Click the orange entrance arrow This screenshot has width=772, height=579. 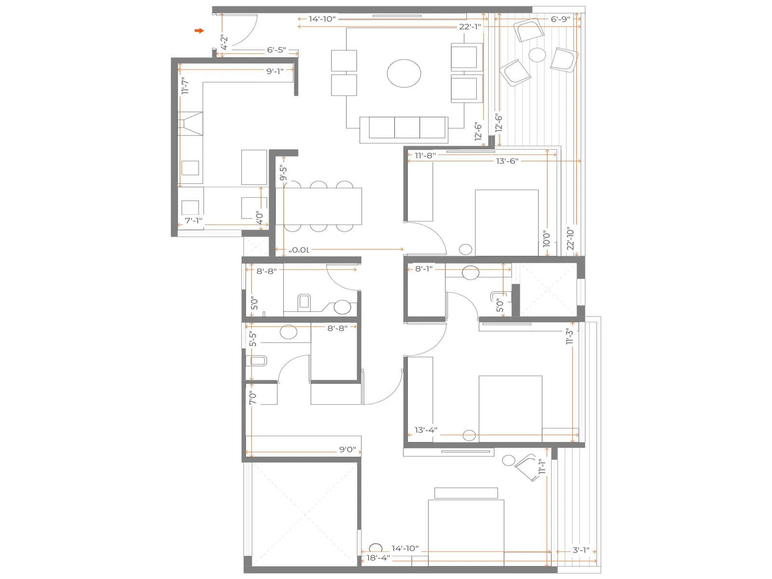[x=199, y=31]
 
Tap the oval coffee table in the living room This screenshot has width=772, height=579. [x=404, y=73]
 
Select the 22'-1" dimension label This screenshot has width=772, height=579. [x=469, y=27]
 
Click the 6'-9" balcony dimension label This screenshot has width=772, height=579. [x=560, y=19]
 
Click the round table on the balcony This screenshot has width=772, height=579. [x=537, y=55]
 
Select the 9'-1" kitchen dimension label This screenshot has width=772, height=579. [x=275, y=71]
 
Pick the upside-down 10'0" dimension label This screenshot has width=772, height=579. [x=299, y=250]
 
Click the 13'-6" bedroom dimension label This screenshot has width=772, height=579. [x=507, y=161]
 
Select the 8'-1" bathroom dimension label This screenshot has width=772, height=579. [x=424, y=268]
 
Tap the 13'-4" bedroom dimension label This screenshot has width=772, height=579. [x=426, y=430]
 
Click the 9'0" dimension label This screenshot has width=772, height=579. [x=347, y=449]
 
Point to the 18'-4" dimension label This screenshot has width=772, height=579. [x=378, y=558]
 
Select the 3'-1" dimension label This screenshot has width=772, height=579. [x=581, y=550]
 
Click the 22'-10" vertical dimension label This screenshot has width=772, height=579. [x=571, y=238]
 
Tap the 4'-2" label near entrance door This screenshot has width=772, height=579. [x=224, y=42]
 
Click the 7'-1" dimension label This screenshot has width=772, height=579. [x=193, y=221]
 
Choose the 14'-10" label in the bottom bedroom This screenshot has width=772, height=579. [x=405, y=548]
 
